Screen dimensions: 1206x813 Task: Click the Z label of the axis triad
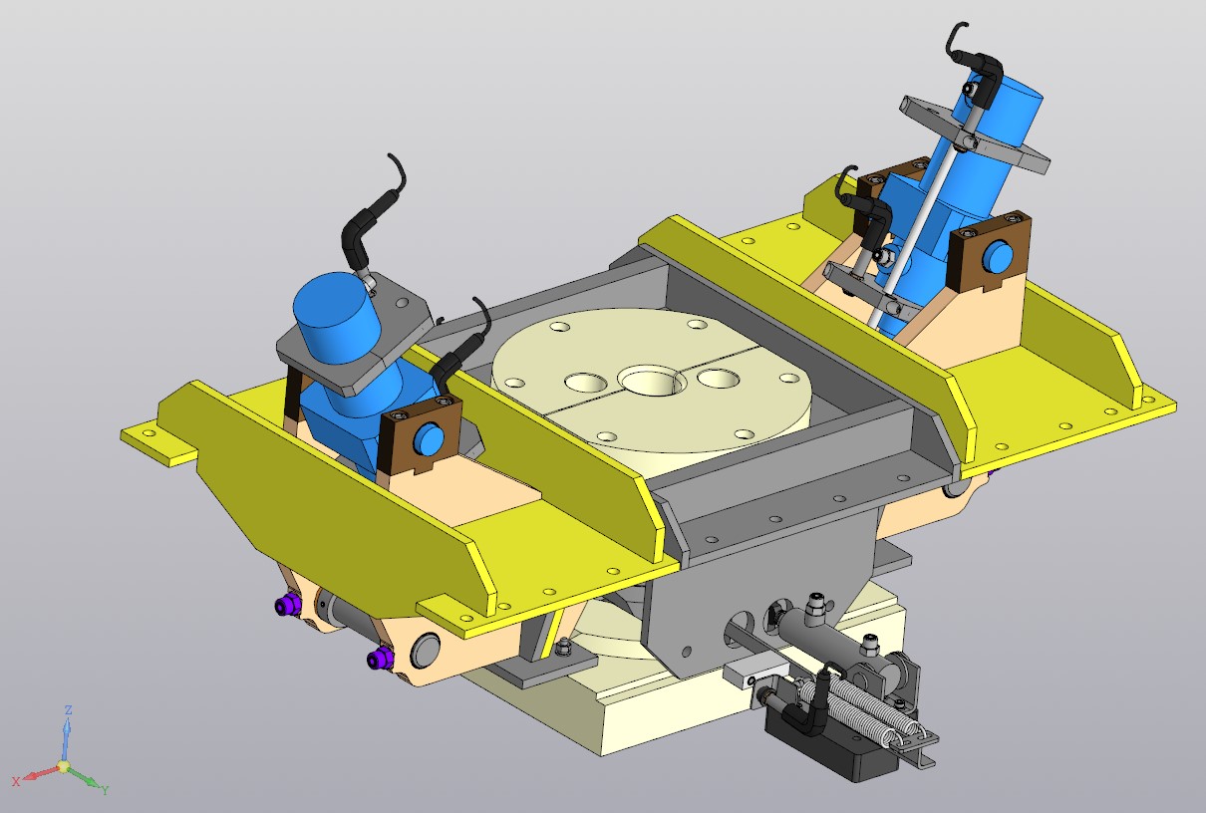tap(69, 710)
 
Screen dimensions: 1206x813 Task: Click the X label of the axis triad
tap(16, 782)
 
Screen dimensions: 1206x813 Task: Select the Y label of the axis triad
tap(105, 790)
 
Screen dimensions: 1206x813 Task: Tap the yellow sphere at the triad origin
tap(64, 766)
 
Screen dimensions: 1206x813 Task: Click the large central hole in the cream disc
tap(652, 380)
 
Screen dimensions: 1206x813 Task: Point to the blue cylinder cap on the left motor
tap(338, 318)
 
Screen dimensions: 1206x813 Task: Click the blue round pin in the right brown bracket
tap(998, 258)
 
